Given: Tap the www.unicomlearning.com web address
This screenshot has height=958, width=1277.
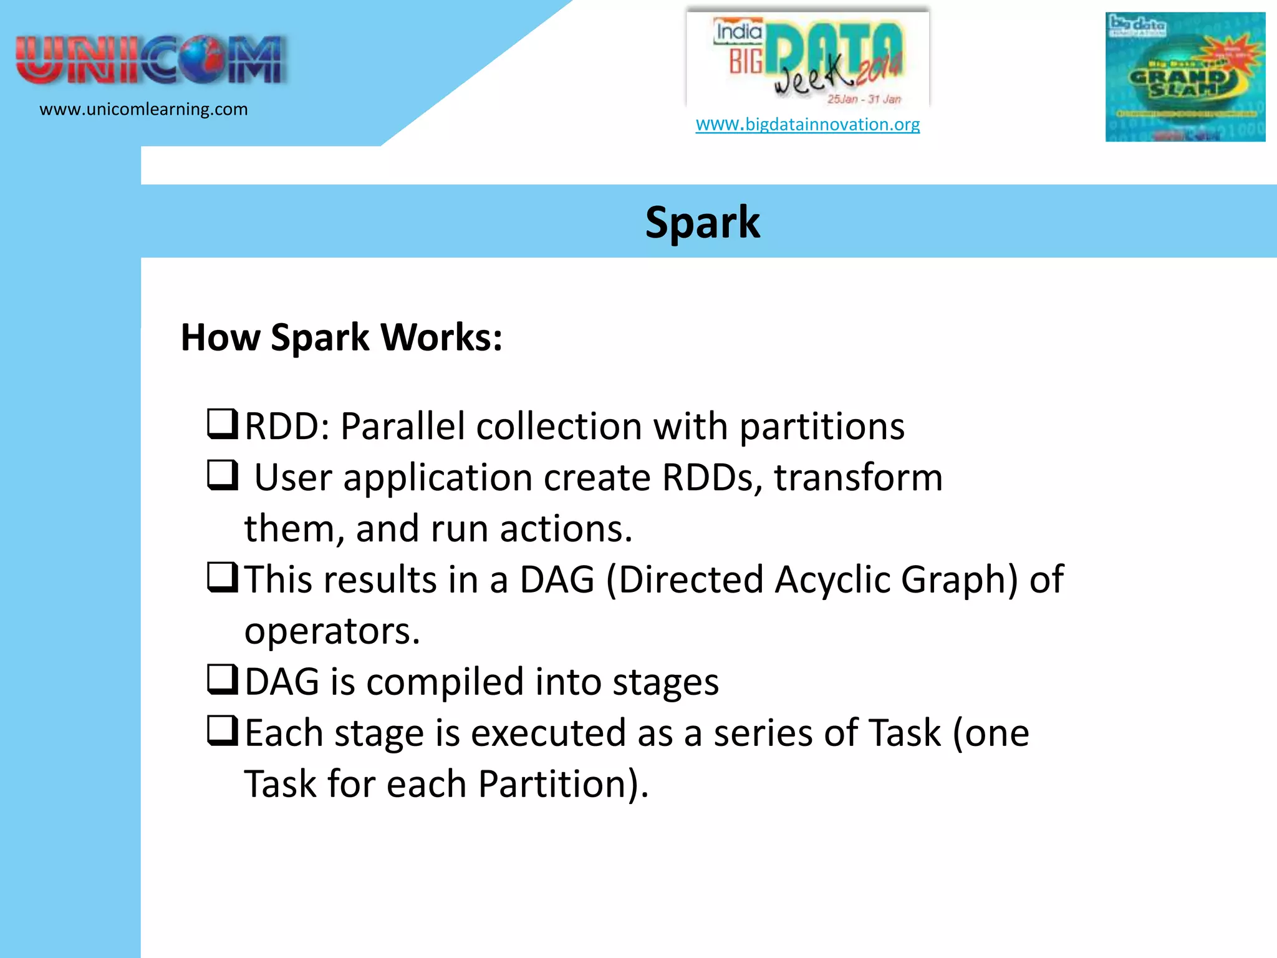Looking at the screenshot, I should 143,109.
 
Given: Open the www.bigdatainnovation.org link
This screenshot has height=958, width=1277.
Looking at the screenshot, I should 807,124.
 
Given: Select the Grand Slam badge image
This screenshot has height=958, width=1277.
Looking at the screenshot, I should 1185,77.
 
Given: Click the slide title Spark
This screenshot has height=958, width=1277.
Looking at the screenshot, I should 702,223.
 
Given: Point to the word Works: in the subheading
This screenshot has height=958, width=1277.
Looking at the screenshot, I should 441,338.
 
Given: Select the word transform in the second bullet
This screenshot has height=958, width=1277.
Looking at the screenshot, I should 858,478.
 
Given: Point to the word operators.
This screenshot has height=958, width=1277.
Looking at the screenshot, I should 332,631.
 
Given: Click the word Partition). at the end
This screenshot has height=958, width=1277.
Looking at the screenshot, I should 563,784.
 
